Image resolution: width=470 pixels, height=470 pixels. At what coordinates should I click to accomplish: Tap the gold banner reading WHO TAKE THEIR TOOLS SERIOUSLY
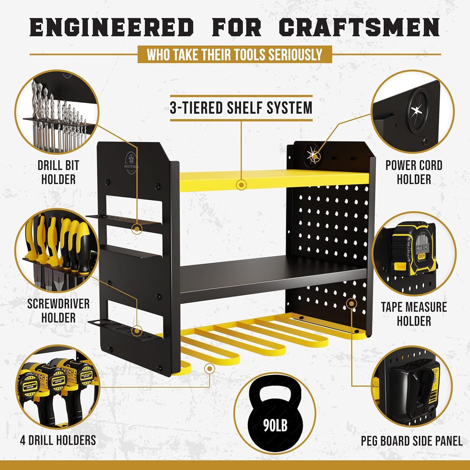click(235, 55)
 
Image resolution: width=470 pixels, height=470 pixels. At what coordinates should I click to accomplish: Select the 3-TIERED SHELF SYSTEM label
click(241, 108)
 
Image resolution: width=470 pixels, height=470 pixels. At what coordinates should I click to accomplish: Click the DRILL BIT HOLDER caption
click(58, 172)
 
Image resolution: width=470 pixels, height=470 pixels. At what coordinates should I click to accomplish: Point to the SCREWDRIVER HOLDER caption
click(58, 311)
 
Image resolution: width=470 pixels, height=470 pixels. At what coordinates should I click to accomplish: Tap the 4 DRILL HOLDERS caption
click(58, 440)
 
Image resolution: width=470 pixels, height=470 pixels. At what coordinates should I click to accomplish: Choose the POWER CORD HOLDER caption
click(414, 172)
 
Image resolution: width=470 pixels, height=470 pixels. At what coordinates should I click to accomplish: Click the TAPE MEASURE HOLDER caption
click(414, 314)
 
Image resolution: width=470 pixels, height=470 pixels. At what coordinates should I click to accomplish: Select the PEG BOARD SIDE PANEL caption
click(411, 441)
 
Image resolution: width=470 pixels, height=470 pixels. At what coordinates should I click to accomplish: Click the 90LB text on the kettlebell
click(275, 424)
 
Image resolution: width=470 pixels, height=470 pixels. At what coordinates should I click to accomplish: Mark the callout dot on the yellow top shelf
click(241, 185)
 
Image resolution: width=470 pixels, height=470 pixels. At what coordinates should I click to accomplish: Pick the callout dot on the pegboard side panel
click(351, 304)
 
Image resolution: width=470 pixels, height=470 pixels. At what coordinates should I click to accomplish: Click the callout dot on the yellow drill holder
click(210, 369)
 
